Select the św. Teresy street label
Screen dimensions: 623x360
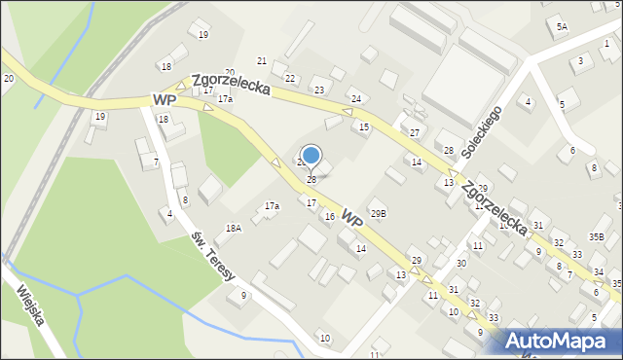[x=213, y=258]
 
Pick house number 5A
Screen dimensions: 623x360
[x=562, y=28]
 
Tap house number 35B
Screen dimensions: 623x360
[x=596, y=236]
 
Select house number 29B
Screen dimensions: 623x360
[x=379, y=213]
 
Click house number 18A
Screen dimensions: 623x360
[x=233, y=228]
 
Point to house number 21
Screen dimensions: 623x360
[x=261, y=61]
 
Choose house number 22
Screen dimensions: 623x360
[x=290, y=78]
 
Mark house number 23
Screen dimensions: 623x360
[x=318, y=90]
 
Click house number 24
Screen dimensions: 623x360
[x=356, y=99]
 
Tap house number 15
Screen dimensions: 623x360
[x=364, y=127]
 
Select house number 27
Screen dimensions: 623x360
[x=415, y=132]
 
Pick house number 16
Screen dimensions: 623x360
[x=330, y=217]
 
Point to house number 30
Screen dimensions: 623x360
[x=461, y=264]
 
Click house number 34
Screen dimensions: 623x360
[x=600, y=271]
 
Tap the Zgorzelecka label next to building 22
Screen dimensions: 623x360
[x=231, y=84]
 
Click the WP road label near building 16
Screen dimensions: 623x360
[x=352, y=223]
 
